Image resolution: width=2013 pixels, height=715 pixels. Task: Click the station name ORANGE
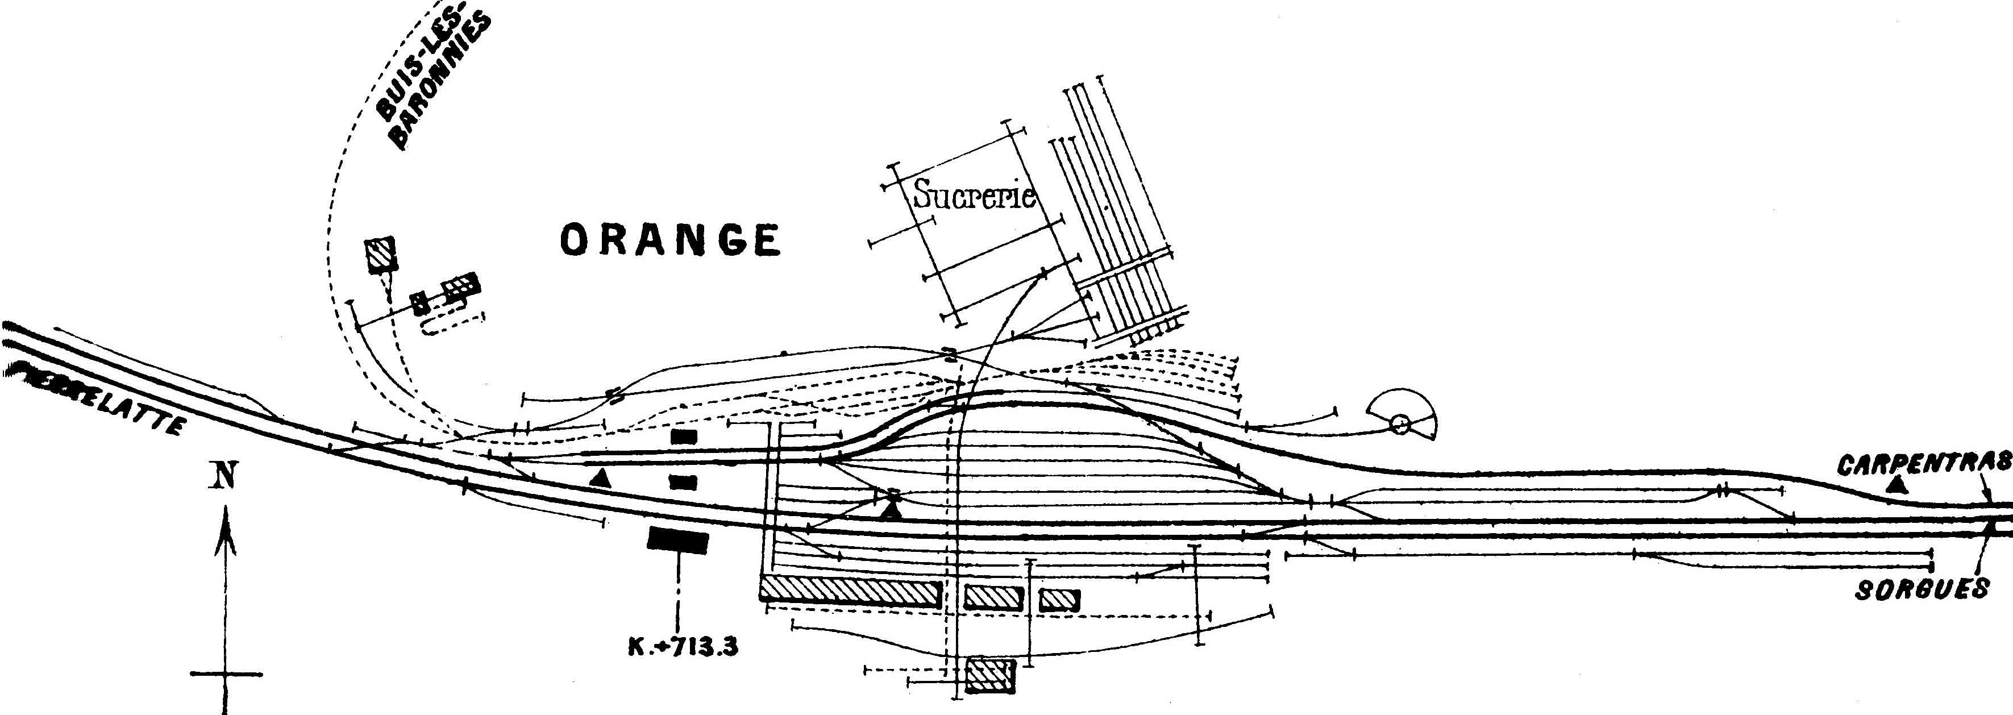(x=671, y=240)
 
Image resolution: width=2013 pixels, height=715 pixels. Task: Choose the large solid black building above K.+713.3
(x=677, y=540)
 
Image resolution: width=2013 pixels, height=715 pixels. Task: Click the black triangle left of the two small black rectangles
(x=600, y=478)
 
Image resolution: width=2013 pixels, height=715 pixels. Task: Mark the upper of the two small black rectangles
(x=684, y=438)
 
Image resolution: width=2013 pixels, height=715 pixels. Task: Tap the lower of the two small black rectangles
(x=684, y=482)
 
